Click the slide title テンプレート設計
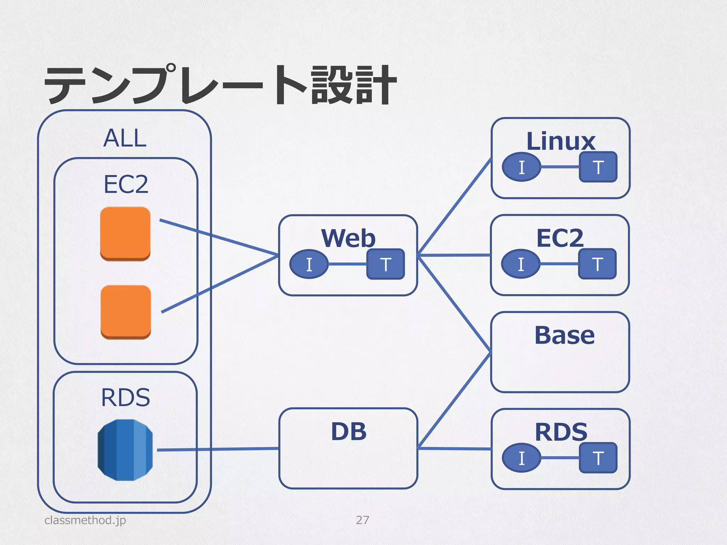(x=220, y=85)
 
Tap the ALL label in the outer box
(x=125, y=138)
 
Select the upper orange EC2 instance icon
(x=125, y=233)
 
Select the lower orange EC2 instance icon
(x=126, y=312)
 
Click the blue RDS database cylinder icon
(x=125, y=450)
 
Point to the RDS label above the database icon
(x=126, y=397)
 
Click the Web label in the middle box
(x=348, y=238)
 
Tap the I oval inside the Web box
(x=309, y=264)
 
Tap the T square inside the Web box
(x=386, y=264)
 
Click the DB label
(x=349, y=432)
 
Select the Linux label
(x=561, y=141)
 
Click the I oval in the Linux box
(x=521, y=167)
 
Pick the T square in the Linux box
(x=598, y=167)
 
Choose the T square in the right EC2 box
(x=597, y=264)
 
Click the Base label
(x=564, y=335)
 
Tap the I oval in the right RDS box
(x=521, y=458)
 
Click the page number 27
(x=362, y=520)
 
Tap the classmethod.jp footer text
(x=85, y=520)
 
